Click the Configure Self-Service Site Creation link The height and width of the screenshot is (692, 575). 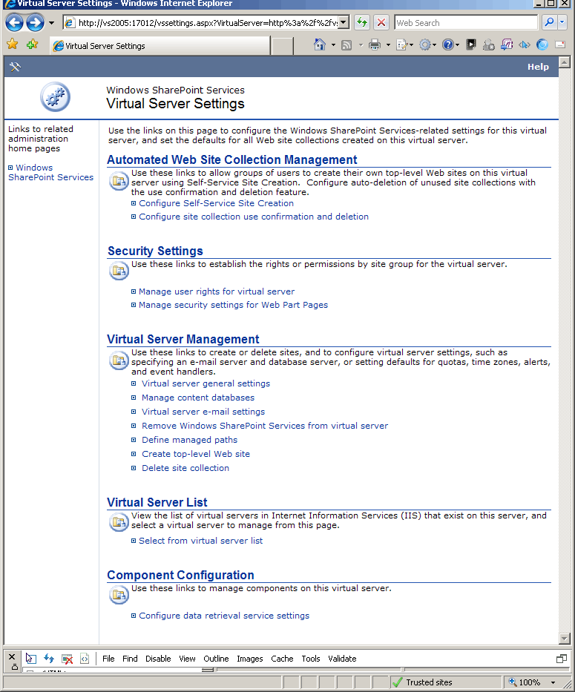click(x=216, y=203)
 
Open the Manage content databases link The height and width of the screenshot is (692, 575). click(x=197, y=398)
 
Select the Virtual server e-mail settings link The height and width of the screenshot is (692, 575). click(x=203, y=412)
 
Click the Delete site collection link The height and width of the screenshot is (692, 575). click(x=185, y=468)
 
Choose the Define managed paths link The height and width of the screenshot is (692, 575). click(x=189, y=440)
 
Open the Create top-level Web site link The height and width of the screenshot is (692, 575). click(x=195, y=454)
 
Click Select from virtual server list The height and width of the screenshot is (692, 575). click(x=200, y=541)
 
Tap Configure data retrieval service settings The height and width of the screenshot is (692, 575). click(x=223, y=616)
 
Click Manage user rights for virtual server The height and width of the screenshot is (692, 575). click(x=216, y=291)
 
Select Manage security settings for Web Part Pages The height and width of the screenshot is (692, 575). click(x=233, y=305)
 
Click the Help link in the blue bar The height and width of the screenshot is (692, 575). click(x=538, y=67)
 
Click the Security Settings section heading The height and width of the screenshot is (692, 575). click(x=155, y=251)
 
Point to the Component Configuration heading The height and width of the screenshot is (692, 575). click(x=180, y=576)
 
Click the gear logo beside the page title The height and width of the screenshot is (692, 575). click(x=55, y=97)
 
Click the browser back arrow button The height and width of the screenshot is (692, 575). click(x=15, y=23)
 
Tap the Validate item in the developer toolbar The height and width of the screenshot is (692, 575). click(x=342, y=659)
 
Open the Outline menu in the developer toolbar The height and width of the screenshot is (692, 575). click(x=216, y=659)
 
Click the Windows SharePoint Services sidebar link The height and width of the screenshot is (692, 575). click(x=50, y=173)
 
